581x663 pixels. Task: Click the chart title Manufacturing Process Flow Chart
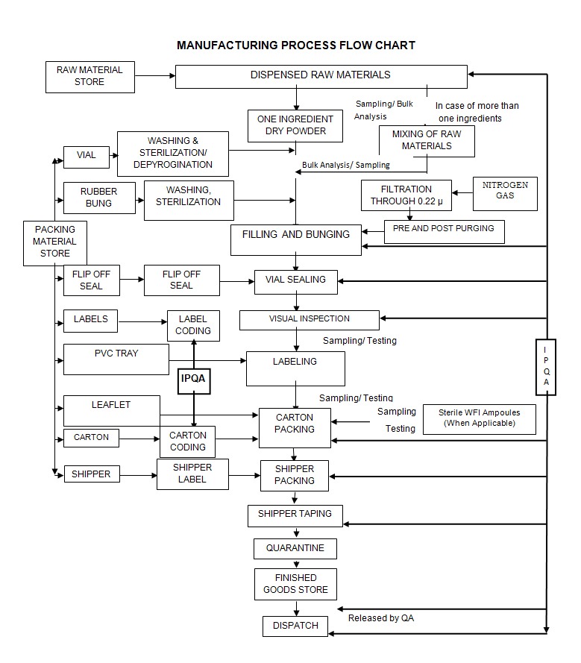click(x=295, y=45)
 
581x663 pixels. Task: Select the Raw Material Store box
click(x=89, y=76)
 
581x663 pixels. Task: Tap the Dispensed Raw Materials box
click(x=321, y=76)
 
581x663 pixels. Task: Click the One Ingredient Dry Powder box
click(x=295, y=125)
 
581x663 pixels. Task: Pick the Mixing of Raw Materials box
click(x=427, y=140)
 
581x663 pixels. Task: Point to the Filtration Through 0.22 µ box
click(x=406, y=195)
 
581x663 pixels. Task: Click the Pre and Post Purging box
click(x=444, y=230)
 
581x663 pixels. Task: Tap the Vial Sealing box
click(x=295, y=280)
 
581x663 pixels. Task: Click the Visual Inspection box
click(x=309, y=319)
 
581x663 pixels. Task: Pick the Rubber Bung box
click(x=98, y=198)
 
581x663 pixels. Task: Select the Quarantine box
click(x=295, y=549)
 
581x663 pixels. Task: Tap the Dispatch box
click(x=295, y=626)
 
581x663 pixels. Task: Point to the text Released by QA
click(x=382, y=618)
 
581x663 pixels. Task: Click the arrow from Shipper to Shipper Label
click(x=138, y=474)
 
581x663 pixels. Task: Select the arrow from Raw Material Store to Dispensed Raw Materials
click(x=154, y=75)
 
